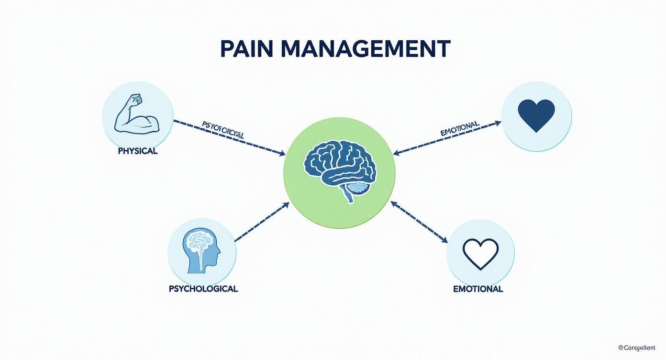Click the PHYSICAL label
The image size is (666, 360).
(137, 151)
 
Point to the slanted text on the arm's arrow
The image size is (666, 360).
(223, 130)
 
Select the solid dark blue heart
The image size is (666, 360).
(536, 115)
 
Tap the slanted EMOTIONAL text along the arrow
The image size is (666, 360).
(459, 128)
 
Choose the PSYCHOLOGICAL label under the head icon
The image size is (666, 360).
(203, 289)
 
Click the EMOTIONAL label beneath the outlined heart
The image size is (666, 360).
(477, 289)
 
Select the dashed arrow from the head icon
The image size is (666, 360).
(262, 221)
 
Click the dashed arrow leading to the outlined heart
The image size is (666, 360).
(419, 221)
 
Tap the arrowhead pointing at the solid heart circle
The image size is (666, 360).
(498, 123)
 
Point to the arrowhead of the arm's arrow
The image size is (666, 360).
(283, 154)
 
